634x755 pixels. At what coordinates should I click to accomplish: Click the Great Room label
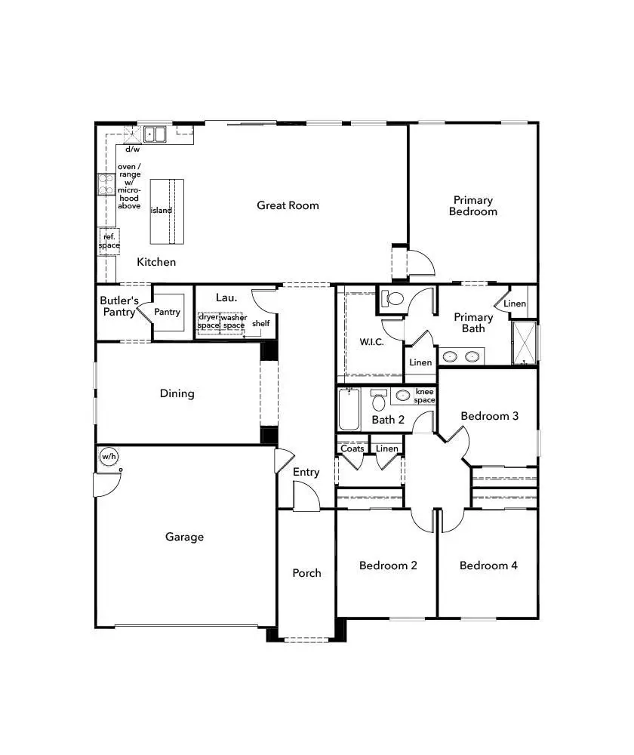[x=288, y=205]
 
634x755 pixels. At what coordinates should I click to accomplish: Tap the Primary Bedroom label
[x=473, y=206]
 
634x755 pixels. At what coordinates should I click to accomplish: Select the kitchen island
[x=167, y=211]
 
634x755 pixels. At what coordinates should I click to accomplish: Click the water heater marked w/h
[x=109, y=457]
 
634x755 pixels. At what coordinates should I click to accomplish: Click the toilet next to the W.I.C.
[x=393, y=297]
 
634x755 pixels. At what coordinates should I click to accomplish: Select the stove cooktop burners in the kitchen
[x=105, y=184]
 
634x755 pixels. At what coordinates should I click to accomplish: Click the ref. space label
[x=109, y=242]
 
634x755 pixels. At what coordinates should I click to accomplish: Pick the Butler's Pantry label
[x=119, y=307]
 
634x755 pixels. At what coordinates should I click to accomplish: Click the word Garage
[x=185, y=538]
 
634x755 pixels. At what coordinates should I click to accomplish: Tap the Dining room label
[x=177, y=393]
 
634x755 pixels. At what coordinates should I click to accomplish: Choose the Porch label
[x=306, y=573]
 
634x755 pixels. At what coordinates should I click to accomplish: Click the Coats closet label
[x=352, y=448]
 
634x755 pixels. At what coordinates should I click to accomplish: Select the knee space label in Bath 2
[x=424, y=396]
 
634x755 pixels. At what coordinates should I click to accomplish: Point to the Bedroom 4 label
[x=488, y=565]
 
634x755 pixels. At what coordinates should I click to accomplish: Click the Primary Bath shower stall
[x=524, y=344]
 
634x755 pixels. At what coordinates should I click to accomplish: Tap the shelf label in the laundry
[x=261, y=324]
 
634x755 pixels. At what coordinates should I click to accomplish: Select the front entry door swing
[x=306, y=496]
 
